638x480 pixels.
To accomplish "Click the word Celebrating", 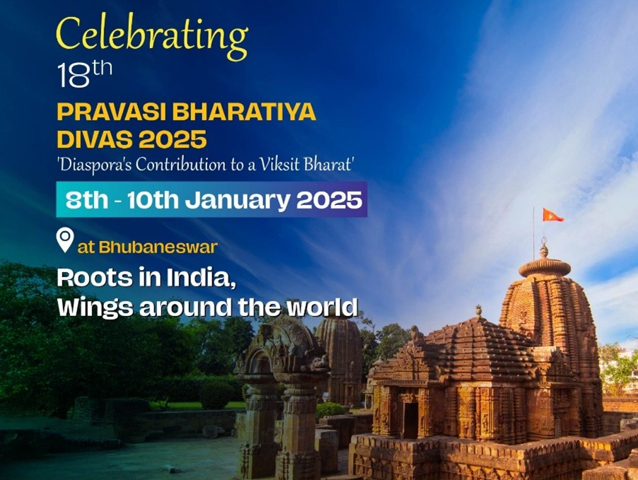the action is coord(152,37).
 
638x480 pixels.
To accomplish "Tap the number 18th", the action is coord(85,74).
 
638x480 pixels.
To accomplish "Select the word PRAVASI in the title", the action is coord(112,112).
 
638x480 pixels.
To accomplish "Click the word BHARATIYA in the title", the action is coord(244,112).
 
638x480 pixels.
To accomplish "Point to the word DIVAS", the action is coord(95,139).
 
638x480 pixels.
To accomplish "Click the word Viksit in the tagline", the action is coord(280,165).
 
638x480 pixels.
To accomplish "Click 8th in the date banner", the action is coord(87,200).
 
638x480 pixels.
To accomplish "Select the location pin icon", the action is coord(65,240).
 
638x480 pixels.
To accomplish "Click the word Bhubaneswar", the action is coord(158,247).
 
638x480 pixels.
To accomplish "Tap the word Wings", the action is coord(95,308).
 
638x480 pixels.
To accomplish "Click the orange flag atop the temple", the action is coord(552,215).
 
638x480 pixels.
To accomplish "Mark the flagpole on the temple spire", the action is coord(534,234).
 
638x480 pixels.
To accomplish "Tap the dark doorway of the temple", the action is coord(410,420).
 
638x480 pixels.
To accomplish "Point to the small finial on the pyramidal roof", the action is coord(478,310).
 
